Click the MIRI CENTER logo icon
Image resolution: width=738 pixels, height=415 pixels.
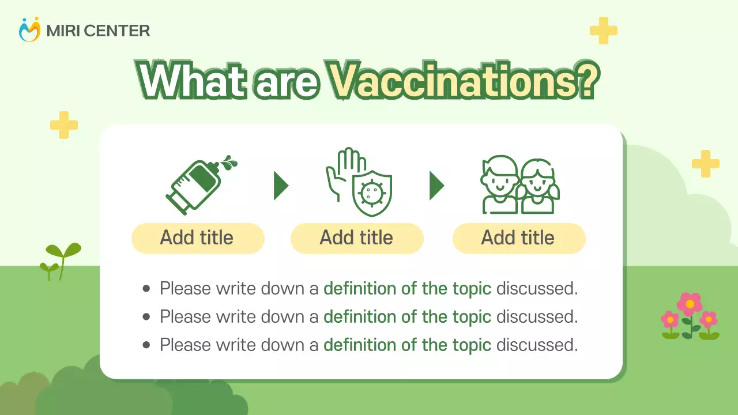point(30,30)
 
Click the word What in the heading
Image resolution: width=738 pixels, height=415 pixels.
point(190,81)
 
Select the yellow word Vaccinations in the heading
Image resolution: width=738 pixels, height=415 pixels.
point(462,81)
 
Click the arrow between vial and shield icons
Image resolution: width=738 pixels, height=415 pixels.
point(281,186)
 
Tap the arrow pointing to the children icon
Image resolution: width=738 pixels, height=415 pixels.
point(436,186)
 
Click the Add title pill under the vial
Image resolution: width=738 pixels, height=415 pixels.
point(198,238)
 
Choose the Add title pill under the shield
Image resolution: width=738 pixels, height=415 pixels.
point(357,238)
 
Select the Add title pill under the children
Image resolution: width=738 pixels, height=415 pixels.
point(518,238)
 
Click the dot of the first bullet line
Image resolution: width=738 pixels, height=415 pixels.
point(146,289)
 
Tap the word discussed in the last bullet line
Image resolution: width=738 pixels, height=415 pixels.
point(536,345)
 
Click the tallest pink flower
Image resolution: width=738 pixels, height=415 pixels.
point(690,304)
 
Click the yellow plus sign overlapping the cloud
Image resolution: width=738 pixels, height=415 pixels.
point(705,164)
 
